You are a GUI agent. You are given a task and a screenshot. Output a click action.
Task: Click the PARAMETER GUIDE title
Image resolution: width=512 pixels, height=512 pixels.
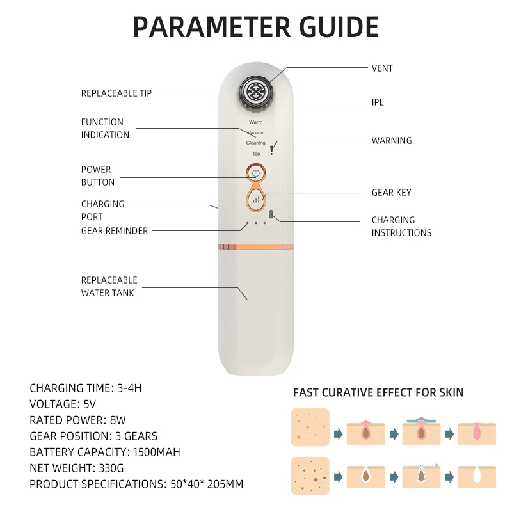coord(256,28)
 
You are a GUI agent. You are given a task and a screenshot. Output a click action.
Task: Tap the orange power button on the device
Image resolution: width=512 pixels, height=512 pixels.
coord(255,173)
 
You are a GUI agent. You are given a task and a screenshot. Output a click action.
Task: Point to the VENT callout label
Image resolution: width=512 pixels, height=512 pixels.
coord(383,68)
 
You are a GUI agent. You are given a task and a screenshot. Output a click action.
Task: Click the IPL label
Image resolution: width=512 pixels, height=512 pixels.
coord(378,102)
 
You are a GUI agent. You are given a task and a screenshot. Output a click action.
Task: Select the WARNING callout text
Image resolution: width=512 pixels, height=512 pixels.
coord(392,141)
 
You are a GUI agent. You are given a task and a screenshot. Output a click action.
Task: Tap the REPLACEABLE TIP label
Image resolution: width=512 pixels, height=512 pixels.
coord(116,93)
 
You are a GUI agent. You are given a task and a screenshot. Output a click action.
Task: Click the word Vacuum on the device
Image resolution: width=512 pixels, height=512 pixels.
coord(256,133)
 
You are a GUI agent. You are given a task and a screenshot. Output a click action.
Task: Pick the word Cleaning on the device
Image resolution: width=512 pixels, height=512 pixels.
coord(255,143)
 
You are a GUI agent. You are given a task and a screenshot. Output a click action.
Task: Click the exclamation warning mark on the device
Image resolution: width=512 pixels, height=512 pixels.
coord(272,149)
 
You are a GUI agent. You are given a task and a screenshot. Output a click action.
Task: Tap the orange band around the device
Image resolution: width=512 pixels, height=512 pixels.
coord(256,246)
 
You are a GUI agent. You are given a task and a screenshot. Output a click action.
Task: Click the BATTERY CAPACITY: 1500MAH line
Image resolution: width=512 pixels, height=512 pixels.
coord(105,452)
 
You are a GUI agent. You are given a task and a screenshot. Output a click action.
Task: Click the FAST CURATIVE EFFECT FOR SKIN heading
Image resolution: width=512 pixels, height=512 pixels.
coord(378,392)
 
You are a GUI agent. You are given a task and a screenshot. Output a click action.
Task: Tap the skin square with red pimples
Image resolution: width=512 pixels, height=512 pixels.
coord(310,427)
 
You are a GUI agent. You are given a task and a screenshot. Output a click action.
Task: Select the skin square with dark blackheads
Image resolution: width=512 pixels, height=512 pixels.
coord(310,476)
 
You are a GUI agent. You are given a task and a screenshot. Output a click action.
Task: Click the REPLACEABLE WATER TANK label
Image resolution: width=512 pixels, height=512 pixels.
coord(109,287)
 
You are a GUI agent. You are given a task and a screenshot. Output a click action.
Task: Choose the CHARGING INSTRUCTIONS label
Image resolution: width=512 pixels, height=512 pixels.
coord(401,227)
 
